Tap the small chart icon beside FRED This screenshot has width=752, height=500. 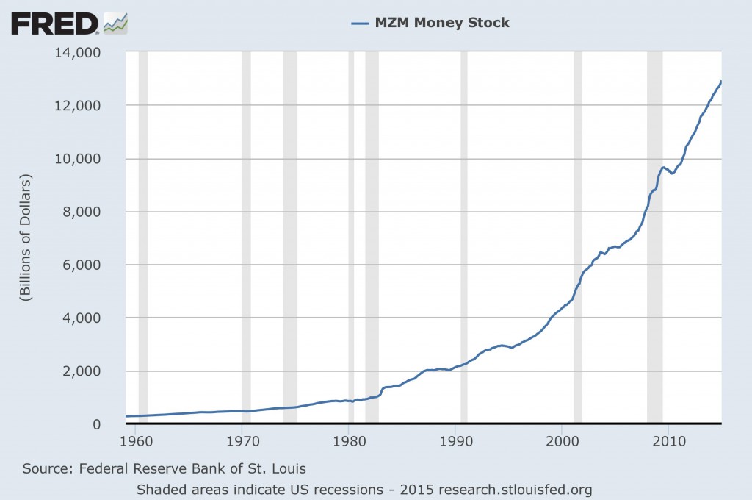[115, 24]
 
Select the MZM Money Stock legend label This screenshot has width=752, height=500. [441, 23]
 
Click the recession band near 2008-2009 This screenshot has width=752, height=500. [654, 235]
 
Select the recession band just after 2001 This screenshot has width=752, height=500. [578, 235]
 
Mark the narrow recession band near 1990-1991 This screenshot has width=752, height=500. [464, 235]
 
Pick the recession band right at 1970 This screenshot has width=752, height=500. [246, 235]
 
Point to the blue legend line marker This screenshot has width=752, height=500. [360, 23]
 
